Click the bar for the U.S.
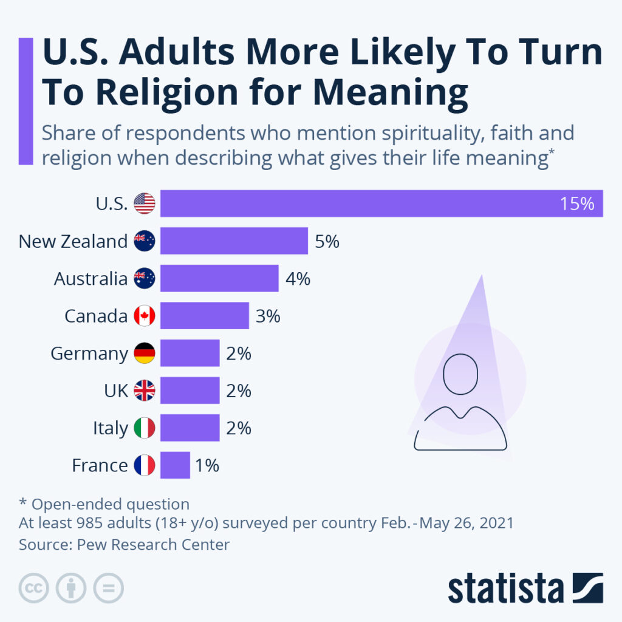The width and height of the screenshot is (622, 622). pyautogui.click(x=381, y=203)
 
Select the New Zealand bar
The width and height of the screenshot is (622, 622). pyautogui.click(x=234, y=241)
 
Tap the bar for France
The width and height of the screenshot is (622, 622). pyautogui.click(x=175, y=466)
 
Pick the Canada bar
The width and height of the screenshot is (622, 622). pyautogui.click(x=204, y=316)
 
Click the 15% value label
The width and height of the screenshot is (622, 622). pyautogui.click(x=577, y=204)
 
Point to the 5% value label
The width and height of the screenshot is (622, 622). pyautogui.click(x=327, y=242)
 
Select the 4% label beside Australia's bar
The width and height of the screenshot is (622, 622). pyautogui.click(x=298, y=279)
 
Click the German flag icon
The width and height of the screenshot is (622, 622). pyautogui.click(x=145, y=354)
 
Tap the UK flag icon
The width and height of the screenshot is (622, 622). pyautogui.click(x=145, y=391)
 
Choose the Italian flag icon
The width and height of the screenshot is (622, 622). pyautogui.click(x=145, y=428)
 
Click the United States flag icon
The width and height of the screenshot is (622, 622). pyautogui.click(x=145, y=203)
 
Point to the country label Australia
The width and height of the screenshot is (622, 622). pyautogui.click(x=91, y=279)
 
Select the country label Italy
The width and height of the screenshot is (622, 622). pyautogui.click(x=110, y=428)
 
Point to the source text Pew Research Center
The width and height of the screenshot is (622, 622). pyautogui.click(x=153, y=544)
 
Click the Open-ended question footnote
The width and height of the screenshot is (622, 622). pyautogui.click(x=104, y=504)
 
